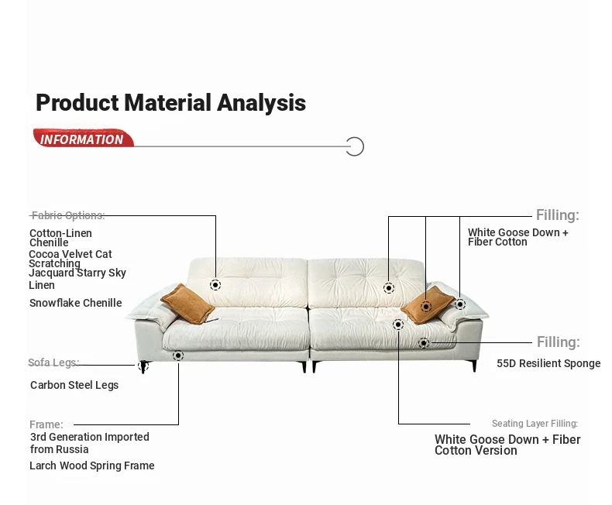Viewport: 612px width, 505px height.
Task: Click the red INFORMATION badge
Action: point(84,138)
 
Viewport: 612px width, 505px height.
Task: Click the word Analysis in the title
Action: point(261,104)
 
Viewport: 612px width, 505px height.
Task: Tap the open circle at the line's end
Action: point(355,146)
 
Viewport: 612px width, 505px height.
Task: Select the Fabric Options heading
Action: point(68,215)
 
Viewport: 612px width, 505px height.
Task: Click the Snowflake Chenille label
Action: point(76,303)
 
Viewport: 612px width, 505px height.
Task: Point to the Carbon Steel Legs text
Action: point(74,385)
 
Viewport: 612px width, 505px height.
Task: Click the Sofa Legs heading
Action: point(53,362)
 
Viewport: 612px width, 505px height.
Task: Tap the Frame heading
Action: point(46,424)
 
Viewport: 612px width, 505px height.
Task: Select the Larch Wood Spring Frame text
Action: point(92,465)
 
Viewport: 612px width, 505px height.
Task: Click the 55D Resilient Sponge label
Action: point(548,363)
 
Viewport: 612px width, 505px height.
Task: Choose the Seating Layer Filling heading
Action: point(535,424)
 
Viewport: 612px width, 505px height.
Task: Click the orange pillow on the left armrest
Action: point(187,304)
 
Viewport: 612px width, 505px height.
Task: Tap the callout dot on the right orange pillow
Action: point(426,307)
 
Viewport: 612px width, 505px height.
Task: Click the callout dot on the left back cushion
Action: point(215,285)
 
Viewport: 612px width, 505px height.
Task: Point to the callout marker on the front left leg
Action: point(143,366)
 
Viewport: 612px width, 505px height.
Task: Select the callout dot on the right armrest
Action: point(460,304)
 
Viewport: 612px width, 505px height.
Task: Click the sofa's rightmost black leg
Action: point(474,366)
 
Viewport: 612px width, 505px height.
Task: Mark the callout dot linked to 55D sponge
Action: point(424,343)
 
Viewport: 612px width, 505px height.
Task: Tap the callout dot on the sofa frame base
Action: point(178,356)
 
